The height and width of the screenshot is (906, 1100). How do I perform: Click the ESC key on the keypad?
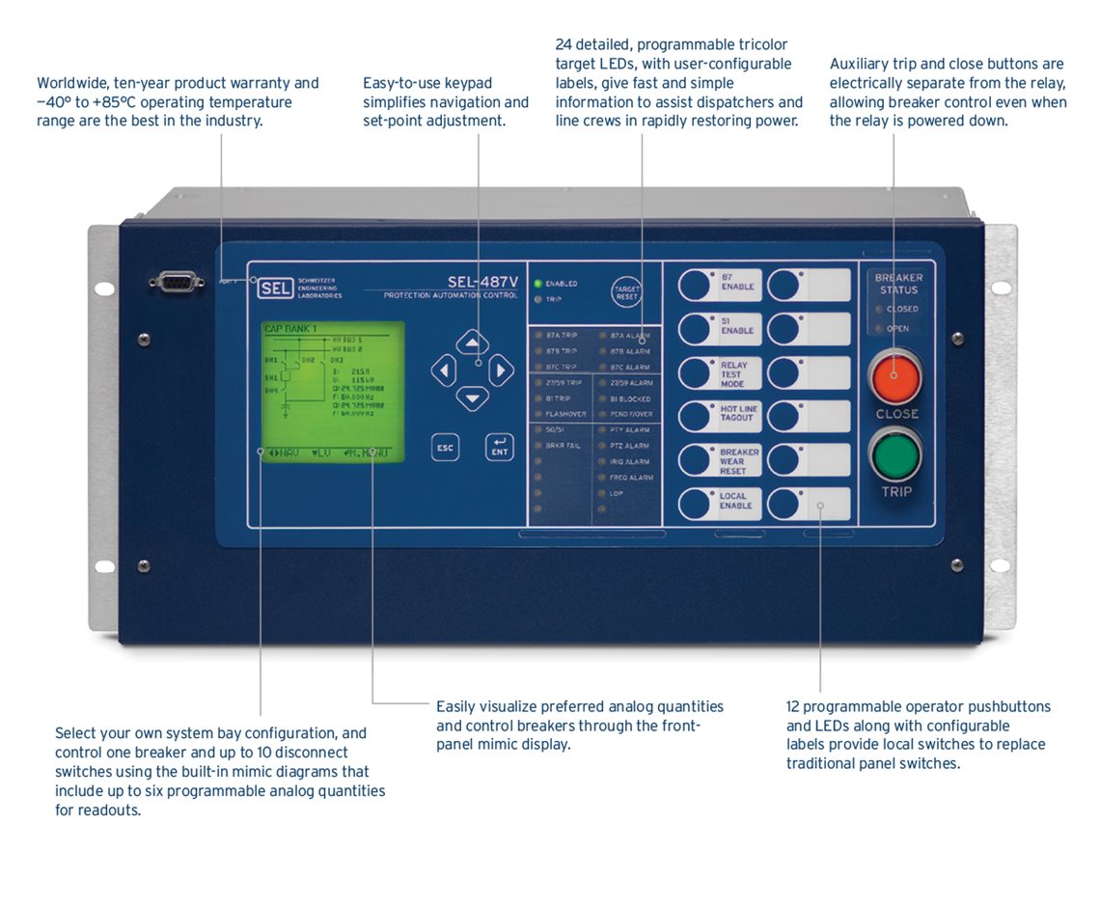pyautogui.click(x=445, y=448)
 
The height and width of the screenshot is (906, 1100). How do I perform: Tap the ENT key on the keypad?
pyautogui.click(x=499, y=448)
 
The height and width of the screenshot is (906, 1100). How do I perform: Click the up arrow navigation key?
pyautogui.click(x=472, y=343)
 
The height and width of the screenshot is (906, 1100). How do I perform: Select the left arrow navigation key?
pyautogui.click(x=443, y=370)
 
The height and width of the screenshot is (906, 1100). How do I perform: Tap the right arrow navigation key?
pyautogui.click(x=501, y=370)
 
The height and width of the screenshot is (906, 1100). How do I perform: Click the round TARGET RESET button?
pyautogui.click(x=627, y=292)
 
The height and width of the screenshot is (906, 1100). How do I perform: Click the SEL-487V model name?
pyautogui.click(x=482, y=282)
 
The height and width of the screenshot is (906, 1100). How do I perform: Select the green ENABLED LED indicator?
pyautogui.click(x=537, y=284)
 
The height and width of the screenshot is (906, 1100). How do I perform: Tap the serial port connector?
pyautogui.click(x=176, y=282)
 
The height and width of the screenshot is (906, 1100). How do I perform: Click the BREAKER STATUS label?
pyautogui.click(x=898, y=283)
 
